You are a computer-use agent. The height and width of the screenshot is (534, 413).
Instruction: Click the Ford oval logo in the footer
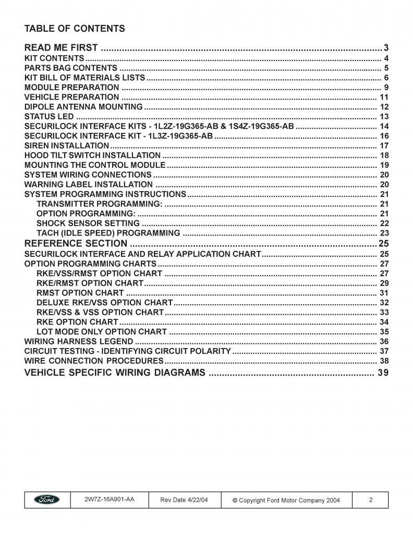pos(47,500)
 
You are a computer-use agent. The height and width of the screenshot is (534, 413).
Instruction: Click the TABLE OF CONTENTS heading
pos(75,28)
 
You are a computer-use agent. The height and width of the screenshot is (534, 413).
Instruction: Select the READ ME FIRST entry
pos(61,48)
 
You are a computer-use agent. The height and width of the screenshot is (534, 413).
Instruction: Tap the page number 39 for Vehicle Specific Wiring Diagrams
pos(383,373)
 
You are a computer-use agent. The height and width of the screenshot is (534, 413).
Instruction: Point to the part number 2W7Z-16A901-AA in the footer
pos(110,500)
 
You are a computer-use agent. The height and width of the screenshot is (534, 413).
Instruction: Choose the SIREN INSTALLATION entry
pos(67,146)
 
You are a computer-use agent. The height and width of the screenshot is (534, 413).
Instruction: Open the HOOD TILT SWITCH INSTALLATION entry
pos(92,155)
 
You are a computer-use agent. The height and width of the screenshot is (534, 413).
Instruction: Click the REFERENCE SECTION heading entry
pos(76,244)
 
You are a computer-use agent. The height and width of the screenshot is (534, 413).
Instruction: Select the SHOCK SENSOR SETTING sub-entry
pos(88,223)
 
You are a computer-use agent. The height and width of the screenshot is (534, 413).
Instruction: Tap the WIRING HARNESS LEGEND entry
pos(79,342)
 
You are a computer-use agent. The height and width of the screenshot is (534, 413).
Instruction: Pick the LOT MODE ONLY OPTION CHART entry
pos(102,332)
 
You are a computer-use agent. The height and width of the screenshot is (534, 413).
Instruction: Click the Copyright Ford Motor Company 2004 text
pos(286,500)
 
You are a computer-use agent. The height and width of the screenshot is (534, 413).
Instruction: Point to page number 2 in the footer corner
pos(371,500)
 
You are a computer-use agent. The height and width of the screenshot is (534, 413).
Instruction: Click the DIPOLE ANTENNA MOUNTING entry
pos(83,107)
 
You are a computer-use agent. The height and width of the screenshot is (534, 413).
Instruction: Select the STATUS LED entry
pos(49,117)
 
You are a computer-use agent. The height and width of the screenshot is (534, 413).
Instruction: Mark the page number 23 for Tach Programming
pos(384,233)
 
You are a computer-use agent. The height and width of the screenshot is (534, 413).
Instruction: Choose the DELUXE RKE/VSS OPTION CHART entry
pos(104,303)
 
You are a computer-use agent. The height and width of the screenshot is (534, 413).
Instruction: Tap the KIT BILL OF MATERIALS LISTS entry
pos(84,78)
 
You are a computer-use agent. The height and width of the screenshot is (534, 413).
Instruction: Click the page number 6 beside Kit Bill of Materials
pos(386,78)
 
